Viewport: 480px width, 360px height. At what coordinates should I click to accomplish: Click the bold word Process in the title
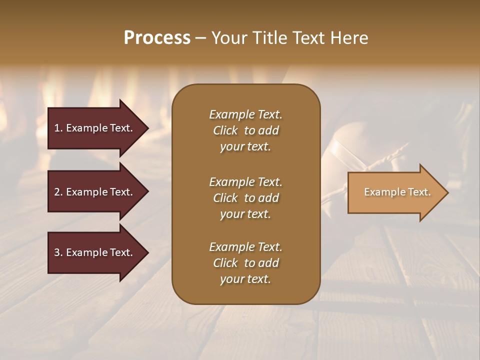[x=157, y=38]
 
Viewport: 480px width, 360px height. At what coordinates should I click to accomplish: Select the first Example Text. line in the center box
[x=245, y=114]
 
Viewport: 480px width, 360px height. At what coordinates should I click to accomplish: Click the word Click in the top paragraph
[x=225, y=130]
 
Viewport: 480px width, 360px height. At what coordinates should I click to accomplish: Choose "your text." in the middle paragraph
[x=245, y=214]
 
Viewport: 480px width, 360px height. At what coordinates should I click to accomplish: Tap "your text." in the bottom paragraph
[x=245, y=279]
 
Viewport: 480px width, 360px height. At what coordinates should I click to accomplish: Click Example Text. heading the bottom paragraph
[x=245, y=247]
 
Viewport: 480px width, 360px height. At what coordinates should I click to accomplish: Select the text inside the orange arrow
[x=397, y=192]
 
